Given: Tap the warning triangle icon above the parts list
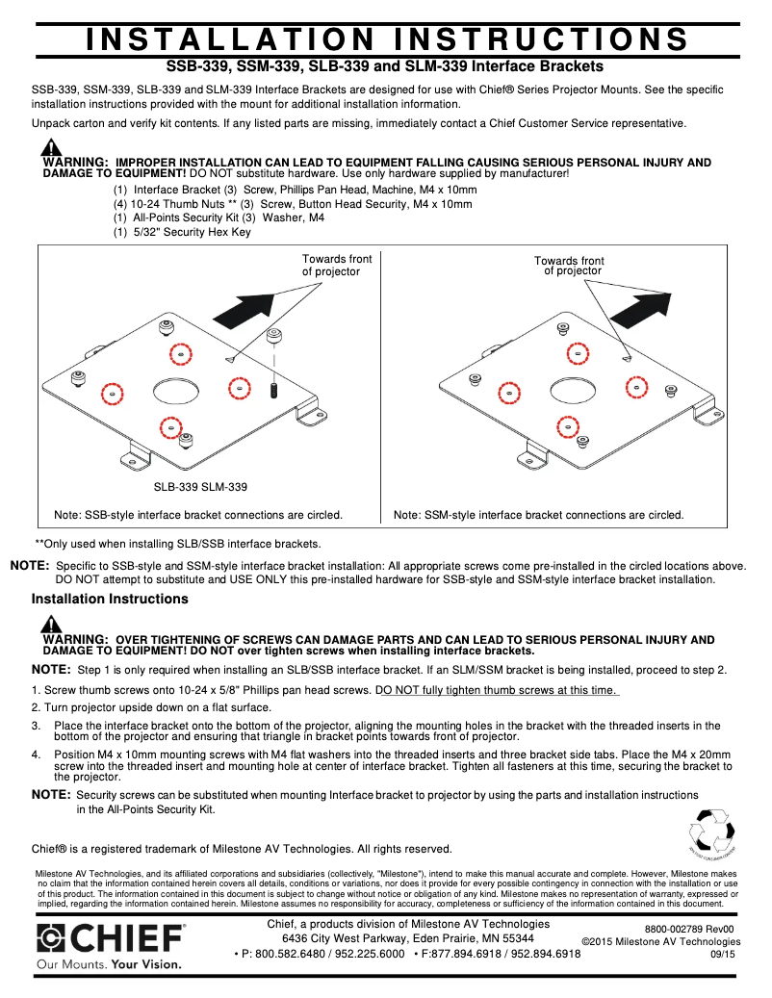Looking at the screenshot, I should coord(51,148).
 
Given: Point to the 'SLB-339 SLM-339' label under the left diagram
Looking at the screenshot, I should coord(200,487).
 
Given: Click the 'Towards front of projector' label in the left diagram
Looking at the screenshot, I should coord(337,266).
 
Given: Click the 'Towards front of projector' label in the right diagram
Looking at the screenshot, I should coord(570,266).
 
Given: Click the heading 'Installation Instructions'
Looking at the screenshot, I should coord(110,599).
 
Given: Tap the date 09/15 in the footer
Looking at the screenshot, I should coord(722,954).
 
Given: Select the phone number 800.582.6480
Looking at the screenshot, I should coord(285,954).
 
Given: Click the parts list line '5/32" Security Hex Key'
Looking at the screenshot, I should coord(182,232).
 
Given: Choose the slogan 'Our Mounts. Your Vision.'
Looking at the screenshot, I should coord(108,962).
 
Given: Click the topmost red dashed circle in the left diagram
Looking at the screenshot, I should coord(179,354).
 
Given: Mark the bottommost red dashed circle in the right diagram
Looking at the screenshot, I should coord(565,424).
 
